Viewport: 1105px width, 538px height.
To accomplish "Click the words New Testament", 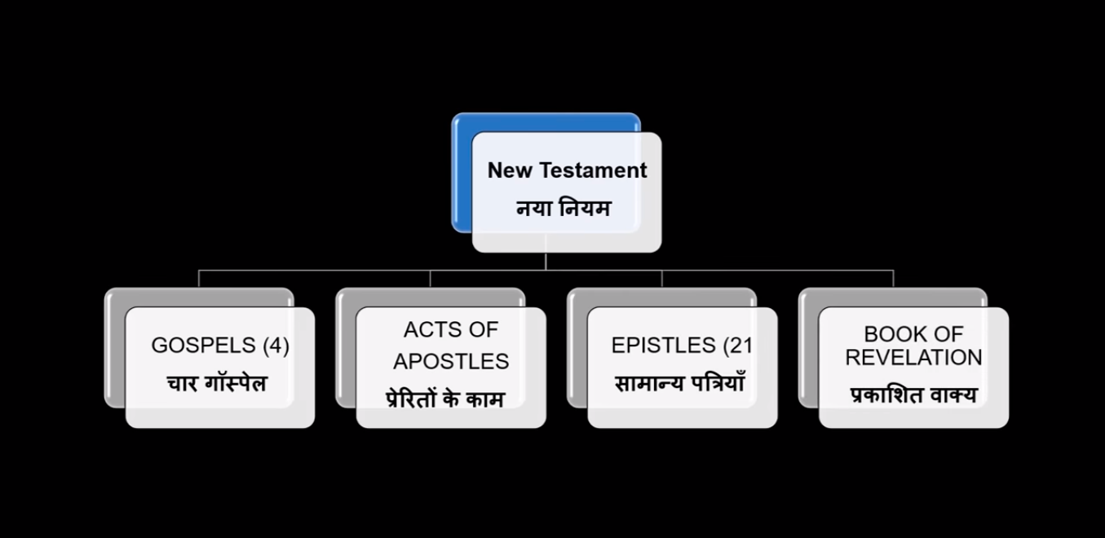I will coord(567,170).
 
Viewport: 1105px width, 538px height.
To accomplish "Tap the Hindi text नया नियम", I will coord(564,209).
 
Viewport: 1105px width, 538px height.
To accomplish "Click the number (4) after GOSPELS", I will coord(276,346).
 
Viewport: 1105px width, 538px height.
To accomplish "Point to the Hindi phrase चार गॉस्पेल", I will coord(218,382).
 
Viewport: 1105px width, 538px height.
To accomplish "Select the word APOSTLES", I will coord(451,361).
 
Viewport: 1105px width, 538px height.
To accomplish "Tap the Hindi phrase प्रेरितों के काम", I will coord(445,399).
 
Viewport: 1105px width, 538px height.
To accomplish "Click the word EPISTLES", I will coord(663,346).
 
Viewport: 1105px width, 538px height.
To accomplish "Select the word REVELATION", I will coord(913,357).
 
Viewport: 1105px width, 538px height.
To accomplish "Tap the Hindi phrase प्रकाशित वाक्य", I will coord(913,395).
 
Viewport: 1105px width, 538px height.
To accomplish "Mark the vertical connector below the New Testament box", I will coord(546,261).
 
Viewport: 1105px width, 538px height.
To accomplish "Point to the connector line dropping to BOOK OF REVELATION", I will coord(893,278).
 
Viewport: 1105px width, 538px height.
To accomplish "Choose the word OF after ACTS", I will coord(482,330).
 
